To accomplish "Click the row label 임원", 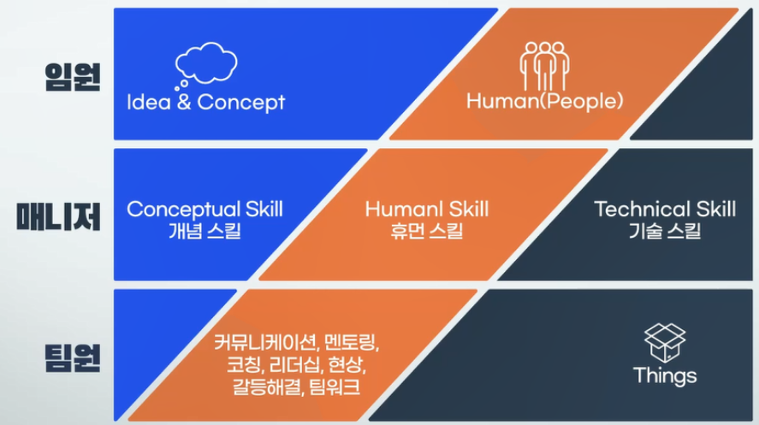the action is (73, 77).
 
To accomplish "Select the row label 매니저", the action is (58, 216).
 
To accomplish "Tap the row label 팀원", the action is (73, 357).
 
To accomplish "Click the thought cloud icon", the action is (205, 65).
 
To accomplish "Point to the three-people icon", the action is (544, 66).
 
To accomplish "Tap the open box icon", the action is (665, 343).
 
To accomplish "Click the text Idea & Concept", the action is (205, 102).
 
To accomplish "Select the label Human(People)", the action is (544, 101).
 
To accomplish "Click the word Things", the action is (665, 375).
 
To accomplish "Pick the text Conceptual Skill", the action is (205, 210).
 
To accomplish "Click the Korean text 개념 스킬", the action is (205, 231).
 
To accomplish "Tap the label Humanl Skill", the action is (427, 209).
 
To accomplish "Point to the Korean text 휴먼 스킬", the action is (427, 231).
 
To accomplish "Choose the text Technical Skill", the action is (665, 209).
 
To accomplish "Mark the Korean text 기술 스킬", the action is (665, 231).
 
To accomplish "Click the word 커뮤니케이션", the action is (265, 343).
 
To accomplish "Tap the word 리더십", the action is (294, 364).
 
